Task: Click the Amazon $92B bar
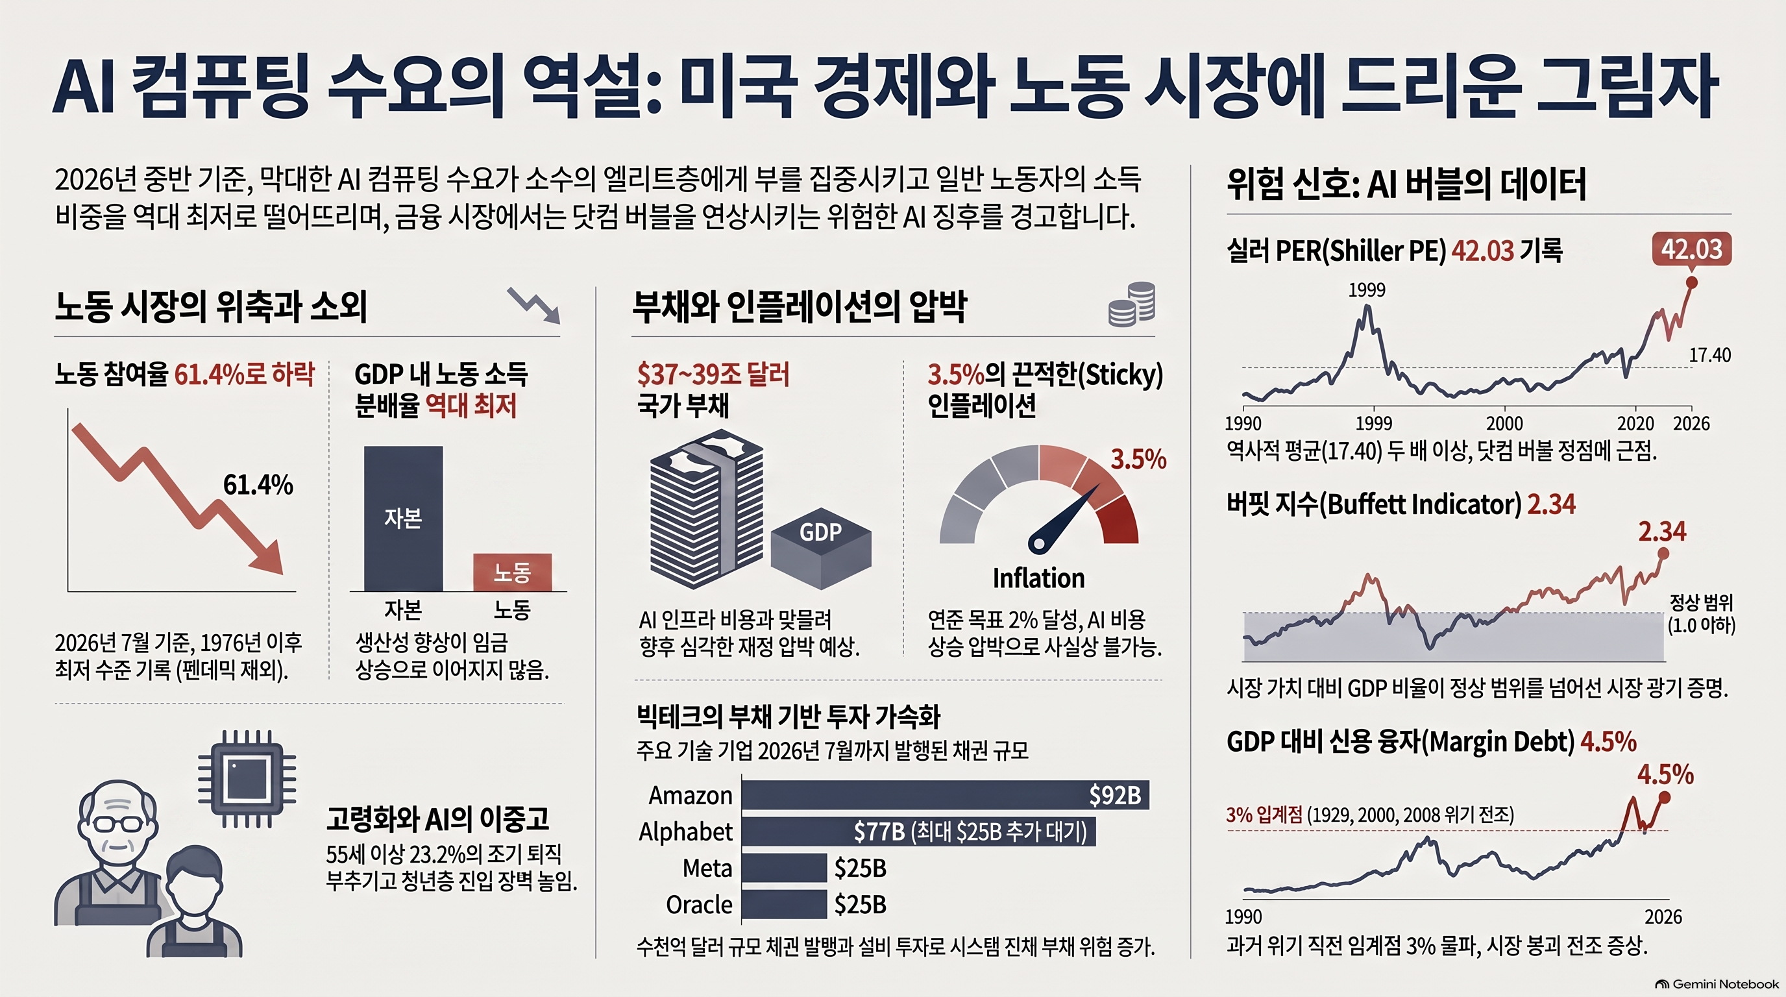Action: click(x=945, y=794)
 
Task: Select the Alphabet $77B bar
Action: click(x=919, y=831)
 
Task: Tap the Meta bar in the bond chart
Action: click(x=784, y=868)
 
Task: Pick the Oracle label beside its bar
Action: click(x=699, y=905)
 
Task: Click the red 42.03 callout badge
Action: click(x=1692, y=249)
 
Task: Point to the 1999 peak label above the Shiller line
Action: click(x=1367, y=289)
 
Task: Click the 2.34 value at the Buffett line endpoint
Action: click(x=1662, y=532)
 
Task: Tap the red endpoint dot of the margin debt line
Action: click(x=1664, y=798)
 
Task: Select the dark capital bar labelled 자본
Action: click(x=404, y=519)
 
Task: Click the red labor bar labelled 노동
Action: click(x=512, y=572)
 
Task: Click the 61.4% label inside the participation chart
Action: click(x=258, y=485)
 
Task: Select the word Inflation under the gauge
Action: click(x=1038, y=578)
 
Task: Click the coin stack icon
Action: click(x=1132, y=304)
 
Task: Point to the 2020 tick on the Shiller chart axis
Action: click(x=1635, y=423)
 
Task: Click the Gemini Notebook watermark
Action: click(x=1716, y=984)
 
